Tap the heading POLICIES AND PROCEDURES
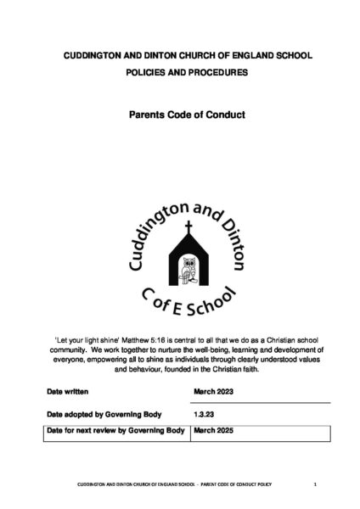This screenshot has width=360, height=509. click(x=179, y=73)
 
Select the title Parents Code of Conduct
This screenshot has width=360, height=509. click(x=179, y=113)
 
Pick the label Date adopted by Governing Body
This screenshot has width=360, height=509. click(x=111, y=416)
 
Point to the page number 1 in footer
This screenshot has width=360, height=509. click(x=314, y=484)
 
